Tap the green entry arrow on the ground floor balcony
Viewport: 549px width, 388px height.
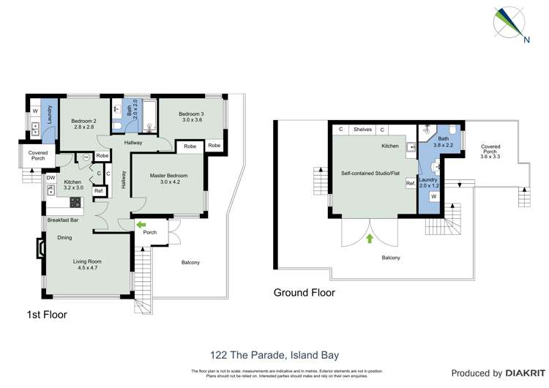[370, 238]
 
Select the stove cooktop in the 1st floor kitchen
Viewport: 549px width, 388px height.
[75, 201]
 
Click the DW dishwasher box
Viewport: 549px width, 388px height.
[51, 177]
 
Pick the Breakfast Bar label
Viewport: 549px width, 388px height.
[64, 220]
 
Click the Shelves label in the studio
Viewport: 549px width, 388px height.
[362, 130]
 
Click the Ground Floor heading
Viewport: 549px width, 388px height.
[304, 293]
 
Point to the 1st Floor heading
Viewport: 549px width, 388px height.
[45, 316]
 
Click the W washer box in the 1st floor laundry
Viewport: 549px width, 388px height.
[34, 112]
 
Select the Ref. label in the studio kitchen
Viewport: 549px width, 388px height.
[411, 184]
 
